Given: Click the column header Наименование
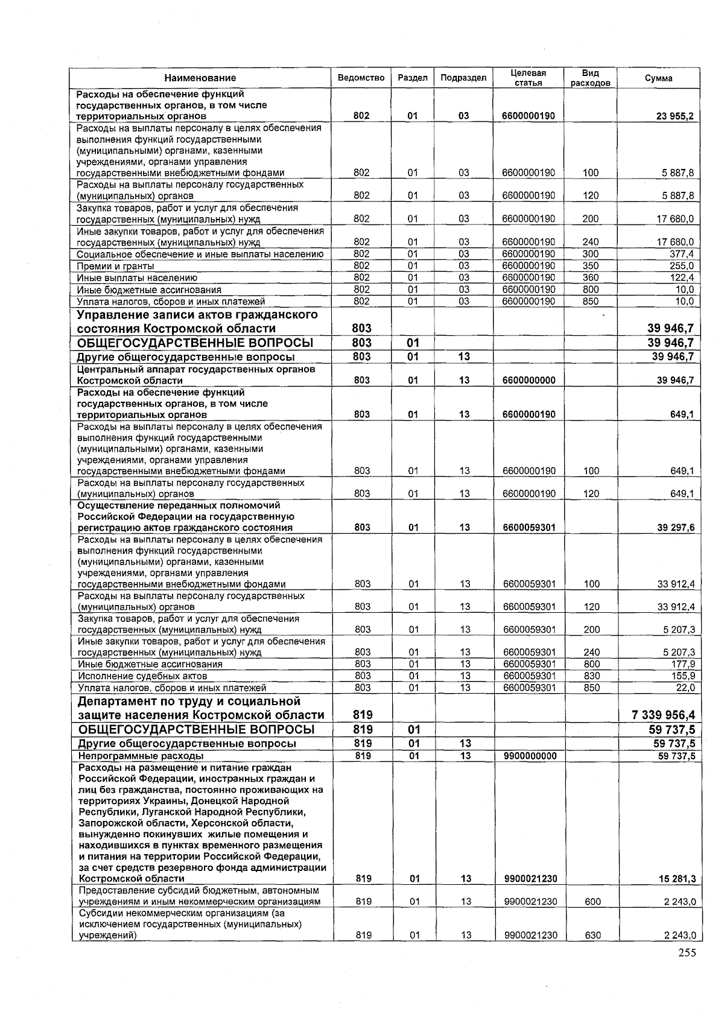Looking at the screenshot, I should (200, 78).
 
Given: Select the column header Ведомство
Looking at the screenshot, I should (361, 78).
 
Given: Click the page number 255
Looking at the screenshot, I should (687, 953).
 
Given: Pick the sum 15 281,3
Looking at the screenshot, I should (676, 879).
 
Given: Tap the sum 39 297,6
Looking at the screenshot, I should (676, 527).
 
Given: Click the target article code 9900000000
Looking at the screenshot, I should (529, 756).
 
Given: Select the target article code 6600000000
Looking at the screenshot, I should (529, 381).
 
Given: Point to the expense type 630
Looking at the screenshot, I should (591, 936).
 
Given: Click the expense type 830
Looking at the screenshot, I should (591, 676).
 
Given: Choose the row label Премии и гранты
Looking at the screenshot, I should (115, 266).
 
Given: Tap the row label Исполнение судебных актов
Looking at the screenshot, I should (142, 676).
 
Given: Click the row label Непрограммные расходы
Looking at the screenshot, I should (141, 756).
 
